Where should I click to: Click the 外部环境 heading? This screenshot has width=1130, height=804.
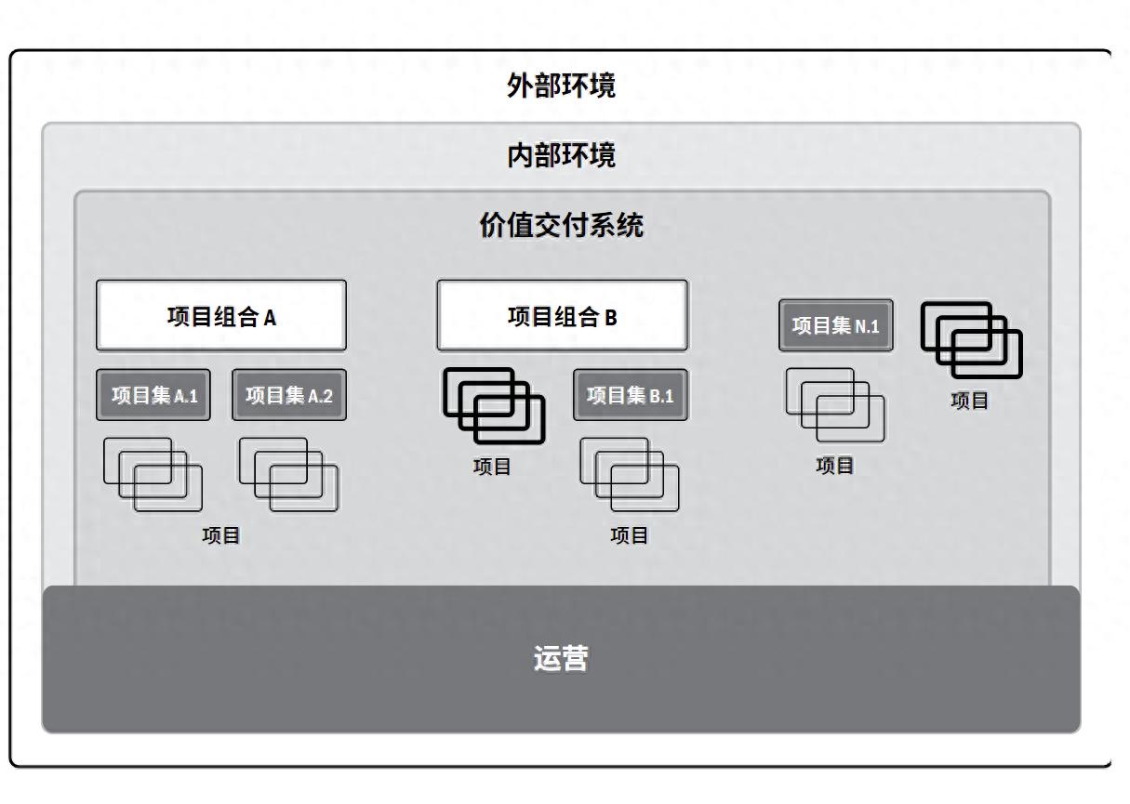click(561, 86)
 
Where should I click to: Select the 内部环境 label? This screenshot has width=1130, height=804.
click(561, 154)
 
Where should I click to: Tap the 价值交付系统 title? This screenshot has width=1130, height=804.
click(561, 225)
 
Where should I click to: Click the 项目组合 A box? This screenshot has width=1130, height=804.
click(221, 316)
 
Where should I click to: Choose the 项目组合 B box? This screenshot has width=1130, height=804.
click(562, 316)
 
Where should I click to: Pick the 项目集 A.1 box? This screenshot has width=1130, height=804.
click(154, 395)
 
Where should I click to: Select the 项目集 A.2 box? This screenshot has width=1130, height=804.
click(288, 395)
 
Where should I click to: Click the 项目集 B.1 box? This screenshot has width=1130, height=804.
click(630, 395)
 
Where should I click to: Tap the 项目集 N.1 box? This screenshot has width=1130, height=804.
click(835, 325)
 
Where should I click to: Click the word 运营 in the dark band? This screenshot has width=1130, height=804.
click(561, 658)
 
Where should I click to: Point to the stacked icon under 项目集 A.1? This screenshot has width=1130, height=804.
click(153, 474)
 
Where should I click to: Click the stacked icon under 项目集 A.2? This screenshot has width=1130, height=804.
click(288, 474)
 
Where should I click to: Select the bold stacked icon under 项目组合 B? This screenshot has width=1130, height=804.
click(494, 405)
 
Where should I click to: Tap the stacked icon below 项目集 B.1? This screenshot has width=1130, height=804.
click(630, 474)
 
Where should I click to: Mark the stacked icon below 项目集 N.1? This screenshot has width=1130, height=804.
click(835, 404)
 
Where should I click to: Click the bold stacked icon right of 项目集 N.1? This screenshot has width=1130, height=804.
click(971, 339)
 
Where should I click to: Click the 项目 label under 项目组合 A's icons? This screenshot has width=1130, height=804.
click(221, 535)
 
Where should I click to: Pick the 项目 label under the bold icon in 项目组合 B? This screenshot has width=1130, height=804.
click(492, 467)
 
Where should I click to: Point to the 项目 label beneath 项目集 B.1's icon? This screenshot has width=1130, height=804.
click(630, 535)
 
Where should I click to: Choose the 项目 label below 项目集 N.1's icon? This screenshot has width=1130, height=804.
click(835, 466)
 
